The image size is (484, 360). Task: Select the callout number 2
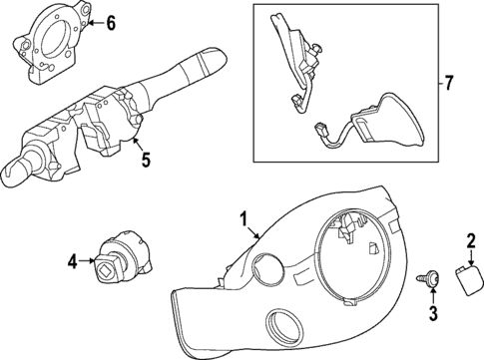(470, 239)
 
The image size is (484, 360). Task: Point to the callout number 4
(73, 263)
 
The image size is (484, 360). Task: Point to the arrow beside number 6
(92, 21)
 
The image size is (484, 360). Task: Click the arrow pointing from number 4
(88, 263)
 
